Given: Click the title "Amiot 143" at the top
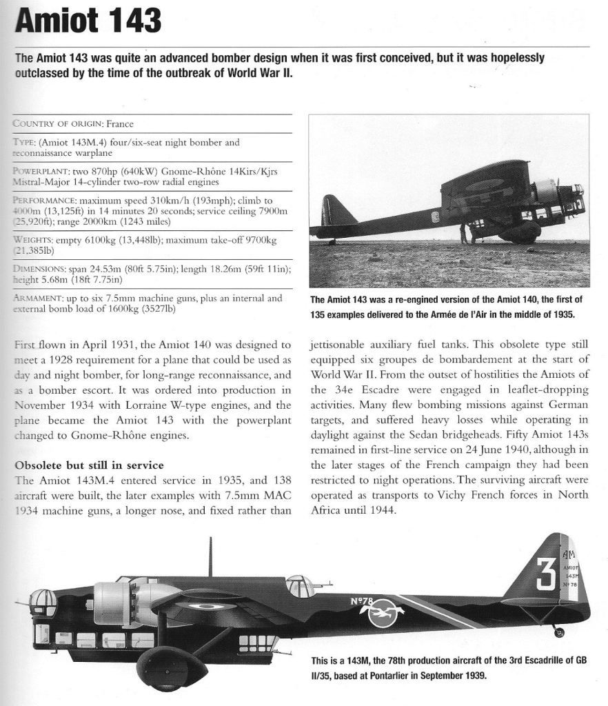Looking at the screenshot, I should coord(88,21).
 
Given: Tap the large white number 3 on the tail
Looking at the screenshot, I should coord(545,574).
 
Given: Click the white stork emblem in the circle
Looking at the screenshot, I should coord(383,613).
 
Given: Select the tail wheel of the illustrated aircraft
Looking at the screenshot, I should coord(558,632).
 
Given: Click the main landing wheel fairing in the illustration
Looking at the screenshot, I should coord(172,667).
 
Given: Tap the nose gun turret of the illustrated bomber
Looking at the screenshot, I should coord(43,603).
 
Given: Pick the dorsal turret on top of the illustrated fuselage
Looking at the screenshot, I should coord(301,586).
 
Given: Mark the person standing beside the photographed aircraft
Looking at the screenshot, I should coord(464,234).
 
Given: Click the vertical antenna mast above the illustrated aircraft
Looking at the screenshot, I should coord(210,556).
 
